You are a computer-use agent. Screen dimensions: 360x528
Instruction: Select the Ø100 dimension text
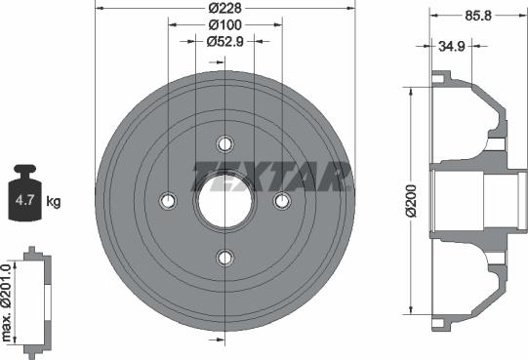pos(225,25)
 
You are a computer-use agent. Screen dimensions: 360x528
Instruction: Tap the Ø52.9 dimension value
pos(225,41)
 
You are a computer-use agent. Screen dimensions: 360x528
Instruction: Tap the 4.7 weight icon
pos(24,199)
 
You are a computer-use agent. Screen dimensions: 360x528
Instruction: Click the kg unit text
pos(54,202)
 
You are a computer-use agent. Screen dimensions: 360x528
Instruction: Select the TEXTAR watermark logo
pos(270,177)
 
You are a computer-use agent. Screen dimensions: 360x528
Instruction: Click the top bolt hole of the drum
pos(225,144)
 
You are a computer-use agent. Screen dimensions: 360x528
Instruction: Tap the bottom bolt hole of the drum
pos(225,258)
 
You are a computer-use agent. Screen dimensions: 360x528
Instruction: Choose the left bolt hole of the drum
pos(168,201)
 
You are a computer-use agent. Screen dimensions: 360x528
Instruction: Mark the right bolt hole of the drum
pos(283,201)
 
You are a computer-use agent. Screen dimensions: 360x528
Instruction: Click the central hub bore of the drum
pos(225,201)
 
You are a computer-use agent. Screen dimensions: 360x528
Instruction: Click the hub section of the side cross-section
pos(498,200)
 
